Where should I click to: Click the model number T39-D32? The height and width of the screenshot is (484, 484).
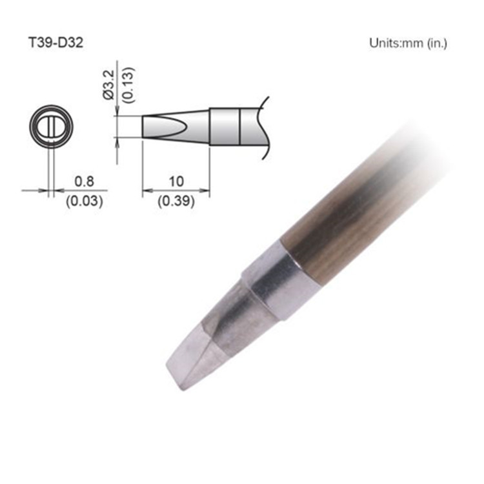[55, 44]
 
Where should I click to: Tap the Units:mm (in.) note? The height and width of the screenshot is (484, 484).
[408, 44]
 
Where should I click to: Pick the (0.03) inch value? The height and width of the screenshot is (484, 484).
[85, 201]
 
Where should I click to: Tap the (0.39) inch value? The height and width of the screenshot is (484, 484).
[176, 201]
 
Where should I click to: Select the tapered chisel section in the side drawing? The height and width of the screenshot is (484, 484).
[174, 126]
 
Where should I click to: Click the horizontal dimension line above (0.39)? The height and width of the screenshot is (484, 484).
[176, 190]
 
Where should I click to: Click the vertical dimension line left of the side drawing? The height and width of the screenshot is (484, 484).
[117, 129]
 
